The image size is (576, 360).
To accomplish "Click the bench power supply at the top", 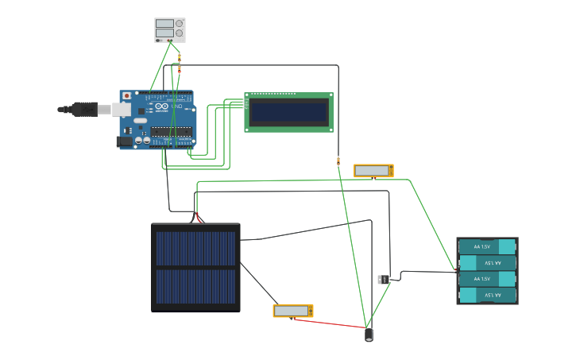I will point(169,29).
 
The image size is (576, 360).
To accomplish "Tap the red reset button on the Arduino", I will point(126,96).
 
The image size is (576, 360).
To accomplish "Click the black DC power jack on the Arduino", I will point(125,141).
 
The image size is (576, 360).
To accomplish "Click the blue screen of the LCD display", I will point(288,112).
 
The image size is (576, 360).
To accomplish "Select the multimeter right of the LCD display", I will point(373,171).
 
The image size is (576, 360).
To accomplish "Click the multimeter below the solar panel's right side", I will point(293,311).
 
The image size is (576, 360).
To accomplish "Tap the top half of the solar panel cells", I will point(195,248).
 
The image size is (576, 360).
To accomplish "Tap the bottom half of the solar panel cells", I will point(195,286).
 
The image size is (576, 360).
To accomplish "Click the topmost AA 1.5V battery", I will point(487,246).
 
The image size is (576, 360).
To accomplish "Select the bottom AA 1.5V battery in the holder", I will point(487,295).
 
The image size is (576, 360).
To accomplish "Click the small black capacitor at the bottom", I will point(369,335).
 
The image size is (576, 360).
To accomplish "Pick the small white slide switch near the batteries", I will point(381,279).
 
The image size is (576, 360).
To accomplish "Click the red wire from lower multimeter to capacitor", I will point(330,323).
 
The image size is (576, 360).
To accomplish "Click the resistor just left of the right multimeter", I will point(338,161).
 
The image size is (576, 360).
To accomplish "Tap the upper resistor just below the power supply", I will point(180,56).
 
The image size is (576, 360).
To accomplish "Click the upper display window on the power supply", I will point(164,24).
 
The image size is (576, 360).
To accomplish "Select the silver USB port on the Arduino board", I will point(121,109).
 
